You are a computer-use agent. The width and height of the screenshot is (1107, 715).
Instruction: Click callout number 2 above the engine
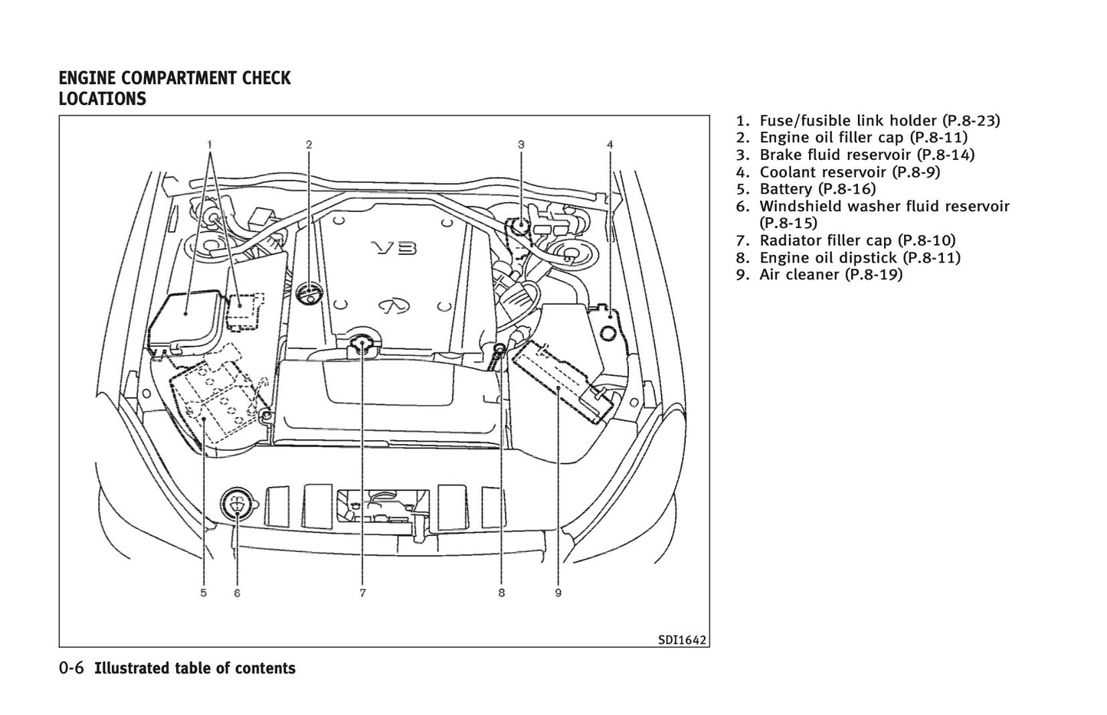click(309, 144)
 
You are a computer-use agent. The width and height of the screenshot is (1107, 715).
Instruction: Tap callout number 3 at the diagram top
click(521, 144)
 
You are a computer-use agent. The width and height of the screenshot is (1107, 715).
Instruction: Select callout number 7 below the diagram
click(362, 593)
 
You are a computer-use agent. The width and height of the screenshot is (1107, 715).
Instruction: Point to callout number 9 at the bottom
click(558, 593)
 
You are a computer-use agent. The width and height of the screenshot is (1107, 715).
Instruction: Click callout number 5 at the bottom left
click(203, 593)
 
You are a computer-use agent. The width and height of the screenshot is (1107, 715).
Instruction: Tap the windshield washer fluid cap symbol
click(236, 504)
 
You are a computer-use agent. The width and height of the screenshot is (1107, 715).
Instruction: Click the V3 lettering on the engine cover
click(394, 248)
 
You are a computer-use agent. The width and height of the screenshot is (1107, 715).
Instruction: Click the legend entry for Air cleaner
click(830, 275)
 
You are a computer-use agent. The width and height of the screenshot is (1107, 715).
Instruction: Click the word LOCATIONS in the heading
click(102, 99)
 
